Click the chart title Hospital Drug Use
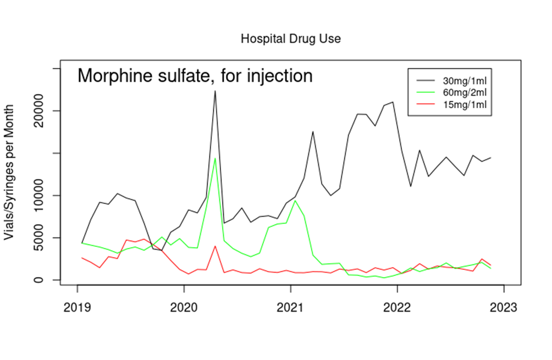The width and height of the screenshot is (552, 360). [291, 39]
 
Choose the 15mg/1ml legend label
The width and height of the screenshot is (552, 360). [465, 104]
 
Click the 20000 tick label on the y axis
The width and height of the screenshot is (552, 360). [46, 110]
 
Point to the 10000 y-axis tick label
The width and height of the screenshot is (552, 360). [46, 195]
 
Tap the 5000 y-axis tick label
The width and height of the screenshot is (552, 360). [46, 237]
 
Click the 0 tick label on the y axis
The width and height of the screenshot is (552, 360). [46, 280]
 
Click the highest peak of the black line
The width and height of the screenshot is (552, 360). [215, 90]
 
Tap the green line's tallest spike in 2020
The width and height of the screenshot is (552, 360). [215, 158]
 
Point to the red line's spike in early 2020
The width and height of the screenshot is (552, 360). [215, 246]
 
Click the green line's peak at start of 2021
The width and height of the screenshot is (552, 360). [295, 201]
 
